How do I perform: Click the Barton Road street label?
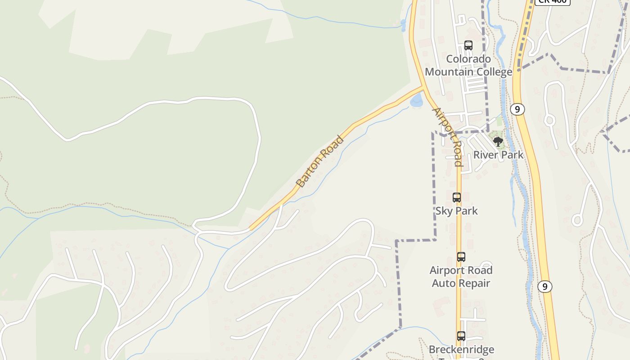click(x=320, y=161)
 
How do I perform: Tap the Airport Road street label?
click(x=447, y=137)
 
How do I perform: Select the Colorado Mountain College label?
click(x=468, y=65)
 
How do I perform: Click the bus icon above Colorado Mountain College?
click(x=468, y=45)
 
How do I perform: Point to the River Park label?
click(x=498, y=155)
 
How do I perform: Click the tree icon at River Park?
click(x=498, y=142)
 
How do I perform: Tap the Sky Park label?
click(x=456, y=211)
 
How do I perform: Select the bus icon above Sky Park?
click(x=456, y=197)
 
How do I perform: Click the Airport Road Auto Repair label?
click(x=461, y=276)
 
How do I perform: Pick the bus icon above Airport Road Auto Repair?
click(x=461, y=257)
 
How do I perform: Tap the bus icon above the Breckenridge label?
click(x=461, y=336)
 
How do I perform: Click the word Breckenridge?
click(x=461, y=349)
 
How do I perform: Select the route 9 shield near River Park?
click(x=517, y=109)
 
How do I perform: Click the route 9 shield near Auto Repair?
click(x=544, y=286)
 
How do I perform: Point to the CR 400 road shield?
click(x=553, y=2)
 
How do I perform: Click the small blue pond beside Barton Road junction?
click(x=417, y=100)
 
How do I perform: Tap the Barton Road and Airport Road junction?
click(x=423, y=86)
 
